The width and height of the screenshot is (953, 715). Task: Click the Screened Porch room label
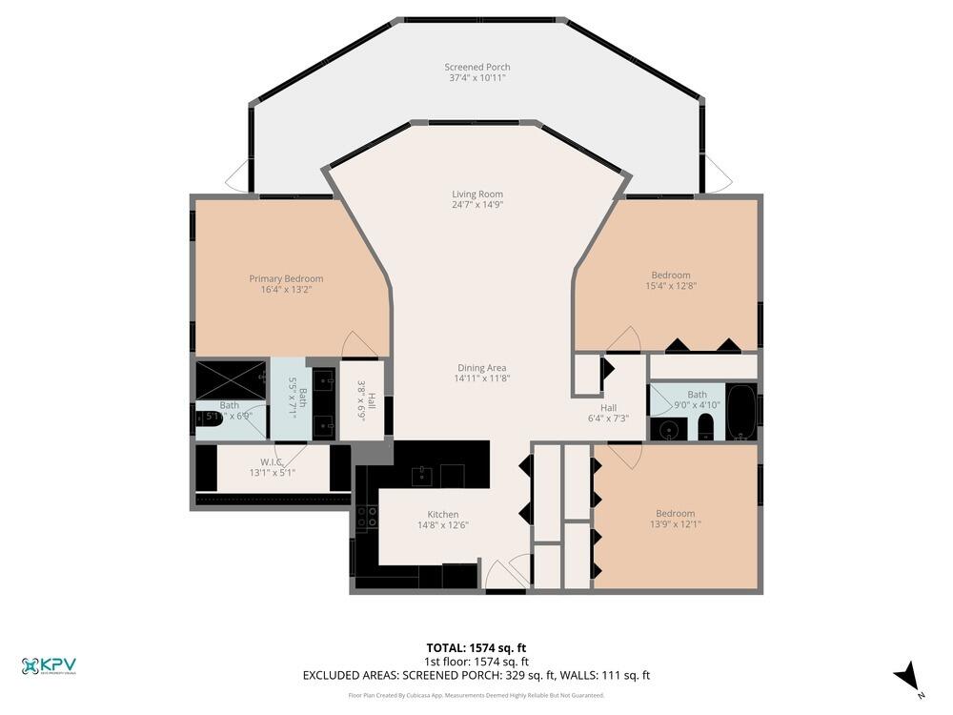coord(476,67)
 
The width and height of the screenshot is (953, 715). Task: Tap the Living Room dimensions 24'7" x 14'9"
coord(477,204)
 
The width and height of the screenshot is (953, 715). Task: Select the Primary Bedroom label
coord(286,278)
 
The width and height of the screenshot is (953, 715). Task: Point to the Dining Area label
coord(480,367)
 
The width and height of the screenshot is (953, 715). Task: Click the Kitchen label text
coord(442,514)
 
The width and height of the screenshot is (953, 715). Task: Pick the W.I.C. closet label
coord(273,461)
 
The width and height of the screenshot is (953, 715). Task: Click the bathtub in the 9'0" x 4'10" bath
coord(740,412)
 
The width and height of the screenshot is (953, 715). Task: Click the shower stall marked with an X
coord(231,378)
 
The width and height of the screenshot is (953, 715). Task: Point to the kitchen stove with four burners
coord(366,517)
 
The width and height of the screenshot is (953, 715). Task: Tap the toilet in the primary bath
coord(208,417)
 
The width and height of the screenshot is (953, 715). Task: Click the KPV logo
coord(48,665)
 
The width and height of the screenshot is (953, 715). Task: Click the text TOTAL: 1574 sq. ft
coord(476,648)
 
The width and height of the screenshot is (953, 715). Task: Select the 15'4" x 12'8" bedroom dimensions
coord(671,285)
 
